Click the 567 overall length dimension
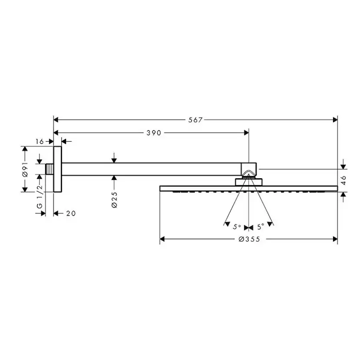[x=196, y=120]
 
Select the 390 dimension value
[x=153, y=133]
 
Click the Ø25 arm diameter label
[x=114, y=199]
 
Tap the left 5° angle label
[x=237, y=227]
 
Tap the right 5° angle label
[x=260, y=227]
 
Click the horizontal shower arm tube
[x=152, y=169]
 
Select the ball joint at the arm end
[x=249, y=170]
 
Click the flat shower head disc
[x=249, y=188]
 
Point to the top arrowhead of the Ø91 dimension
[x=25, y=149]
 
